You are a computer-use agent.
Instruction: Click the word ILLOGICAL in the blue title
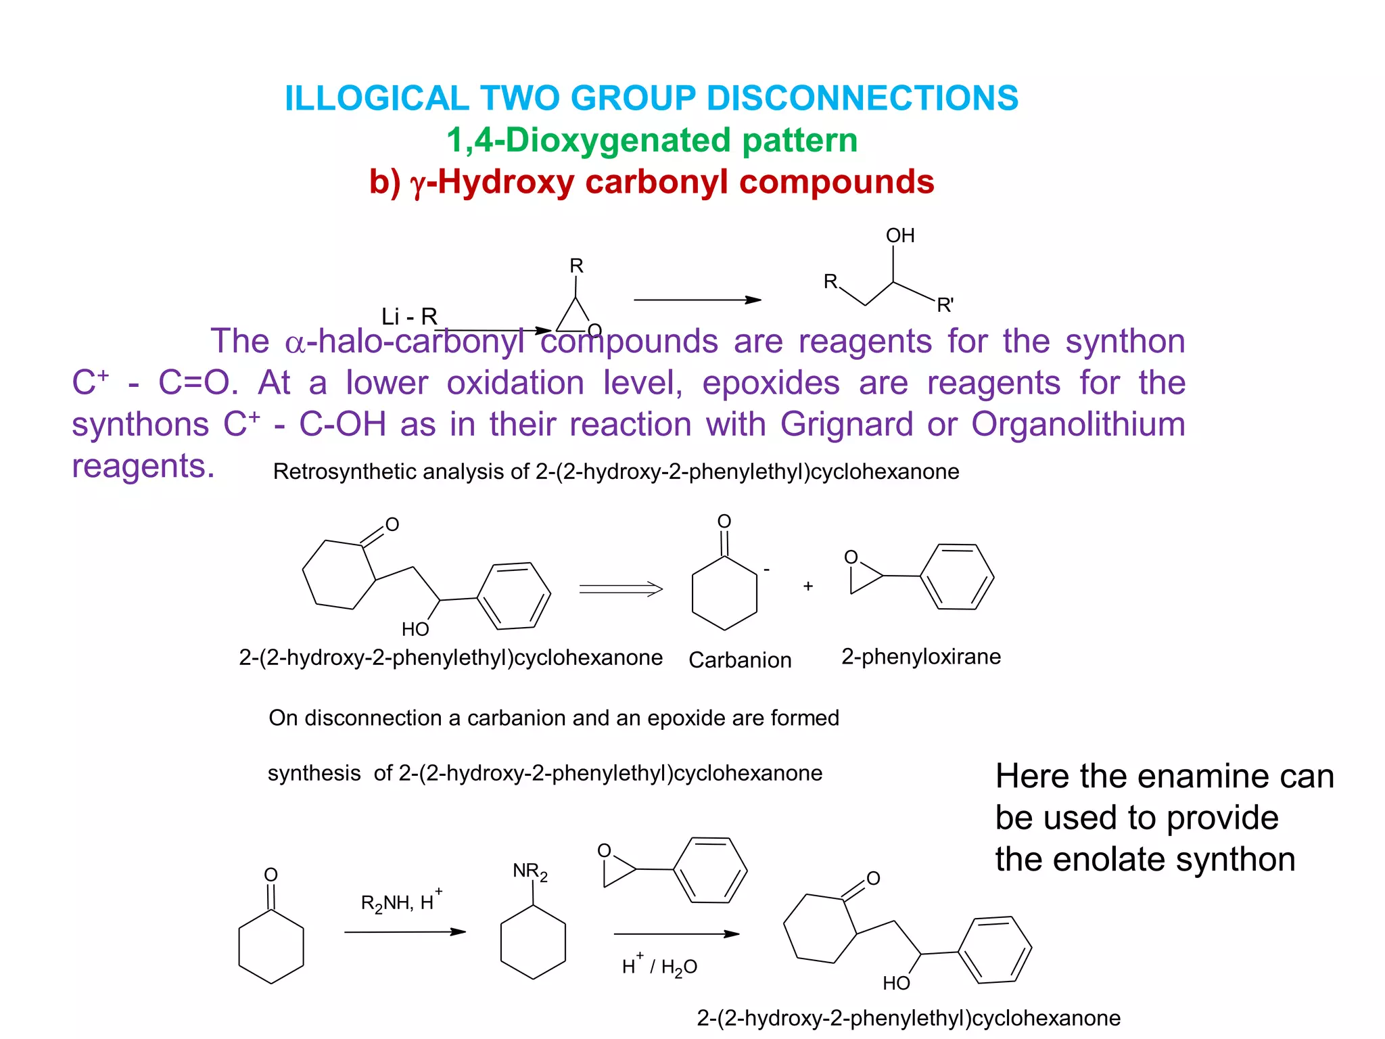pos(376,98)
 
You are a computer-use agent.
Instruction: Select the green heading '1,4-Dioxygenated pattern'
pos(651,141)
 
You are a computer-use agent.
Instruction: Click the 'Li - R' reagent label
pos(409,316)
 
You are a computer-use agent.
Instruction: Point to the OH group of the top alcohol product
pos(900,235)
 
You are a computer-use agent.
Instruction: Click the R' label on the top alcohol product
pos(945,305)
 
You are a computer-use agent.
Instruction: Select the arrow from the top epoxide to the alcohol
pos(697,300)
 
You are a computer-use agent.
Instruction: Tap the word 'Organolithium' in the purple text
pos(1078,425)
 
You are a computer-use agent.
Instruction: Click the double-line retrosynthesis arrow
pos(621,589)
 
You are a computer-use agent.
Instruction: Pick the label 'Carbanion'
pos(740,660)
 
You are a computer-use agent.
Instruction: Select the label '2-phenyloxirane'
pos(921,657)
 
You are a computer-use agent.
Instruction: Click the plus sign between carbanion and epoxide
pos(808,586)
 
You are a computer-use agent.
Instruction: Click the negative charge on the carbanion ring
pos(767,570)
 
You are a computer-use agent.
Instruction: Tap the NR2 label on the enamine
pos(530,872)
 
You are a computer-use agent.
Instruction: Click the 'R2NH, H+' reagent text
pos(401,902)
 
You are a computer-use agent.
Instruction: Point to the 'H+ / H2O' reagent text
pos(659,966)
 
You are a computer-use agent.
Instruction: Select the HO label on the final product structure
pos(896,983)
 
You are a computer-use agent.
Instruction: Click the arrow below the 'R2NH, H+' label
pos(404,932)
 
